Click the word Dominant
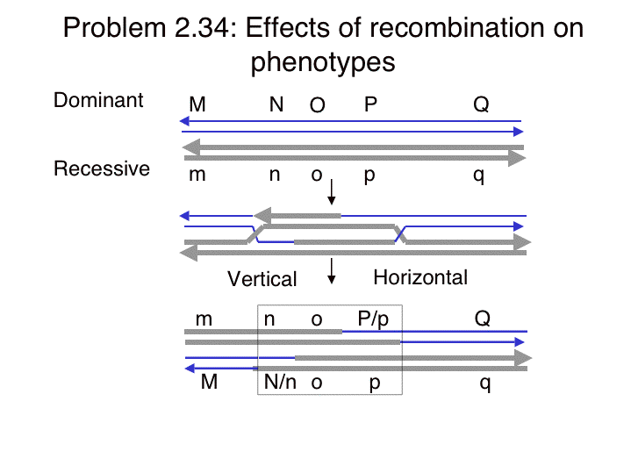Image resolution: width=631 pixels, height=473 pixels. click(x=98, y=100)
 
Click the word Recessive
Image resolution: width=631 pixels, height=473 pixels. click(x=102, y=168)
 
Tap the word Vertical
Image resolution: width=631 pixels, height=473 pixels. click(x=262, y=278)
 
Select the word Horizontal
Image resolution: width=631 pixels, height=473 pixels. click(x=420, y=277)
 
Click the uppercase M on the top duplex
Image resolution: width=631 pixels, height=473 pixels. click(x=197, y=104)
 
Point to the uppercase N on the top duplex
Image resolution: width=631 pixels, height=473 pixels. click(x=276, y=104)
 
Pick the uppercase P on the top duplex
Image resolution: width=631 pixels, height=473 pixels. click(x=370, y=104)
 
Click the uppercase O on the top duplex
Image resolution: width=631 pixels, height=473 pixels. click(x=317, y=105)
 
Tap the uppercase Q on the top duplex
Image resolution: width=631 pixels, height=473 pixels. click(x=481, y=104)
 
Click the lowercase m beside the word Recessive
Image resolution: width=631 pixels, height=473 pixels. click(x=197, y=175)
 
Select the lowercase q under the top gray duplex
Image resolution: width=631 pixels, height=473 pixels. click(x=478, y=176)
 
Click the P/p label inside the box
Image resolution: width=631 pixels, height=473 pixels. click(x=373, y=319)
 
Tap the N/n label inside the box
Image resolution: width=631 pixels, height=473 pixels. click(x=280, y=381)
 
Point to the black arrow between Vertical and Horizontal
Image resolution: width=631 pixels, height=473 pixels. click(x=331, y=271)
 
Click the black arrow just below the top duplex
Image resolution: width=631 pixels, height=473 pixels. click(x=331, y=192)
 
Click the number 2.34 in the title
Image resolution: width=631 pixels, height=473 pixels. click(x=205, y=28)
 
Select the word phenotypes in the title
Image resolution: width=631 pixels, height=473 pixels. click(x=323, y=62)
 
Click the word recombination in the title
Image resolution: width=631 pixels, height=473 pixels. click(x=456, y=28)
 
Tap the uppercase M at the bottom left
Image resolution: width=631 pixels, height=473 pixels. click(x=209, y=382)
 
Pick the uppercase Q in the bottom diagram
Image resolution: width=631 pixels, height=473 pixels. click(x=482, y=319)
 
